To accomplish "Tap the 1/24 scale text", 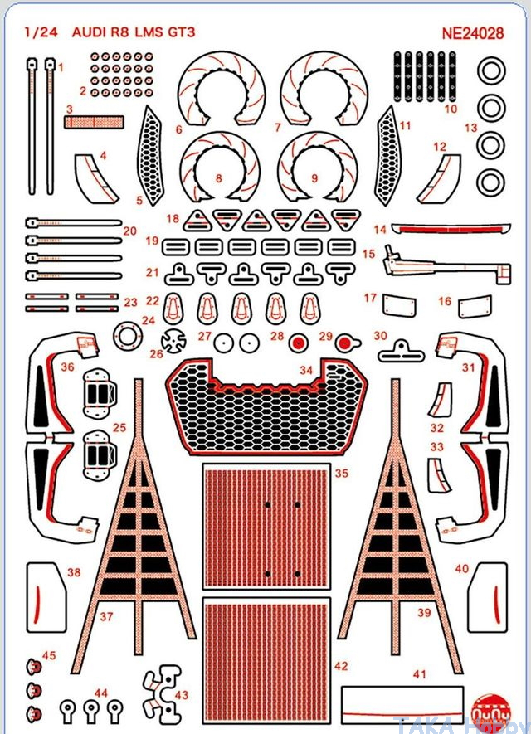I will point(38,35).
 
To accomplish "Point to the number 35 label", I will point(341,474).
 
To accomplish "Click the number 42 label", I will point(341,666).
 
